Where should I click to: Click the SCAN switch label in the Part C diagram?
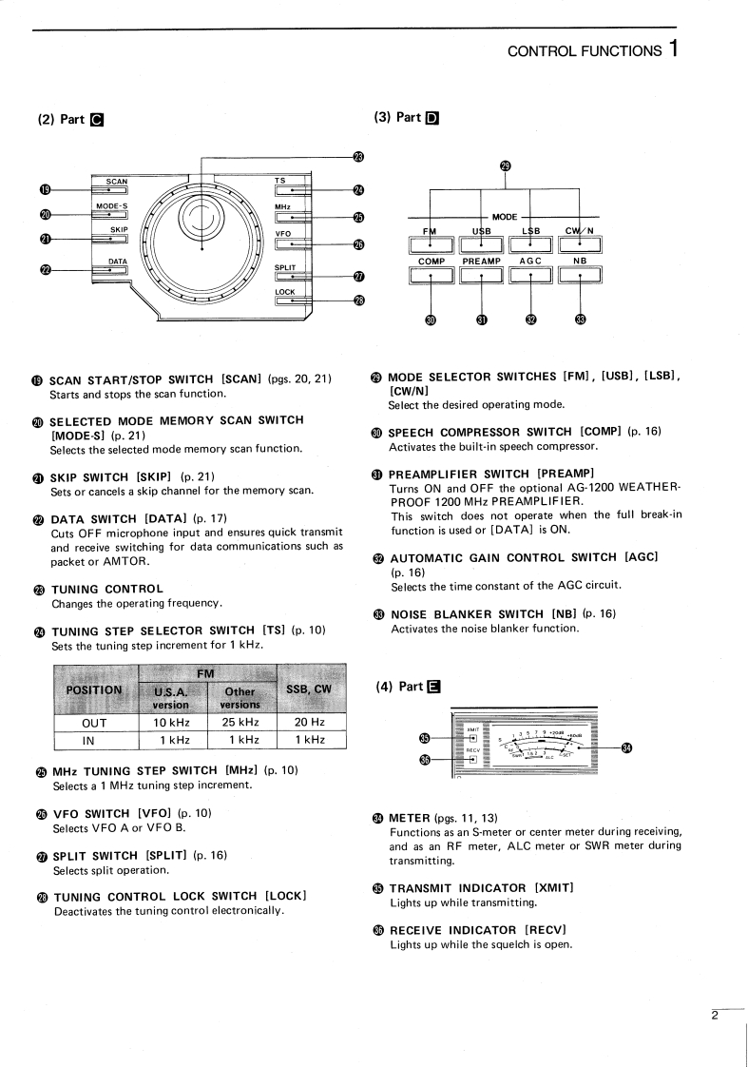click(117, 181)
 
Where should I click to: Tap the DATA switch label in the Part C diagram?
click(118, 261)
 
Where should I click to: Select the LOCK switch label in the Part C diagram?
click(285, 291)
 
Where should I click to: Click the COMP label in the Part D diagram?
click(432, 261)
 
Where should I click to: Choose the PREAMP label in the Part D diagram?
click(481, 261)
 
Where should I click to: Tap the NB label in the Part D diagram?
click(580, 261)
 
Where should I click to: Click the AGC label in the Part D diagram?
click(530, 261)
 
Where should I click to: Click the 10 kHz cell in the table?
click(173, 722)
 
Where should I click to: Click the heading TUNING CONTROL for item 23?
click(106, 590)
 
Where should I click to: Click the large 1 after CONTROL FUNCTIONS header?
click(673, 48)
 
